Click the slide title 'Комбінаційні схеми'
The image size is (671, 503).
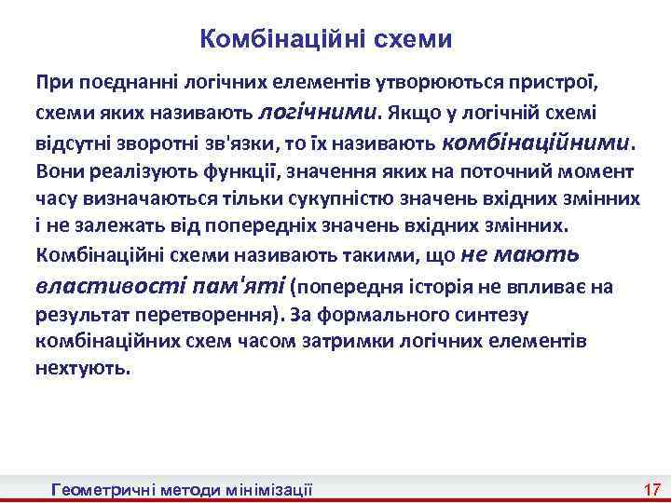coord(326,39)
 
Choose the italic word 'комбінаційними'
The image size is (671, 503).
coord(536,143)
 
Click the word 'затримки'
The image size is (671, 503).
coord(382,341)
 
